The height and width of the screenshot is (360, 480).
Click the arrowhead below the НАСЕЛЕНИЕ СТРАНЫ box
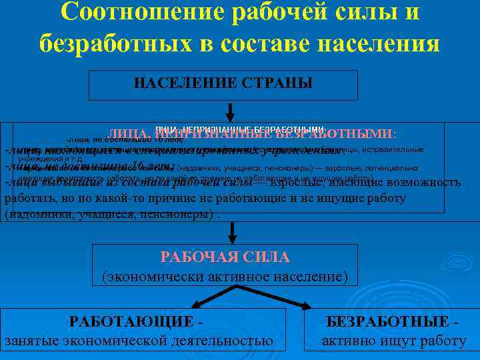230,115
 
